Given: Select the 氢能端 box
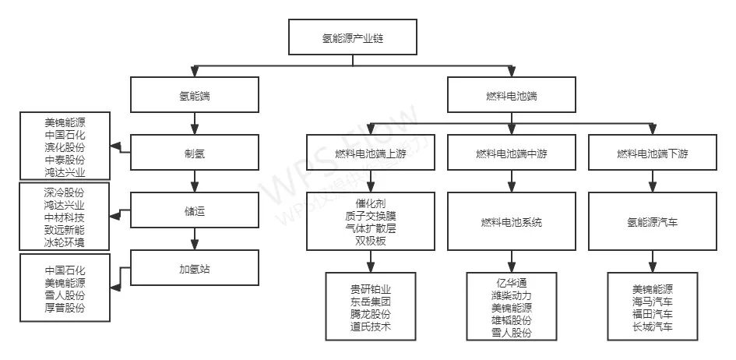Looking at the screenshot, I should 194,96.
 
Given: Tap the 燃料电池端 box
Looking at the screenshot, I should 511,96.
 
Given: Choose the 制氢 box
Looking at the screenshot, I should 194,153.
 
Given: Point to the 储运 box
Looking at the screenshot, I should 194,210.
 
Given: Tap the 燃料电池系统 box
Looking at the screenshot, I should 511,221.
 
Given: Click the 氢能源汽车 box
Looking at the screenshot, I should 653,221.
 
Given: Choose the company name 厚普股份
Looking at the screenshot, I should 65,309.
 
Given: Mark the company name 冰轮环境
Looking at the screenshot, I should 65,242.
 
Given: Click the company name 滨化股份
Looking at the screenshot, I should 65,147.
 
